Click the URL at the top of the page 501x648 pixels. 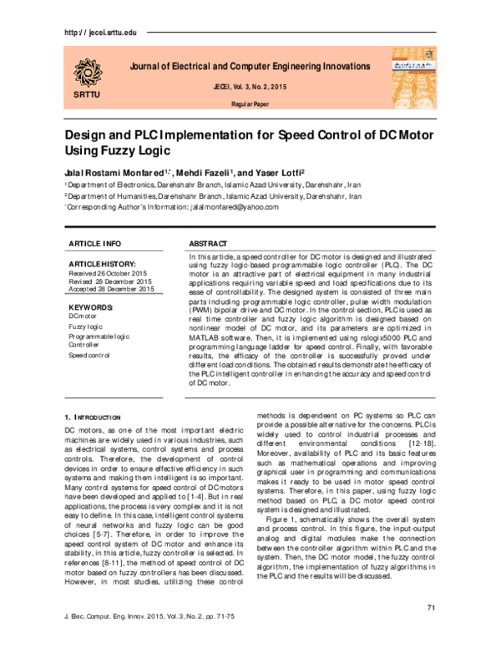click(98, 32)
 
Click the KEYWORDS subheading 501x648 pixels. click(89, 307)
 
